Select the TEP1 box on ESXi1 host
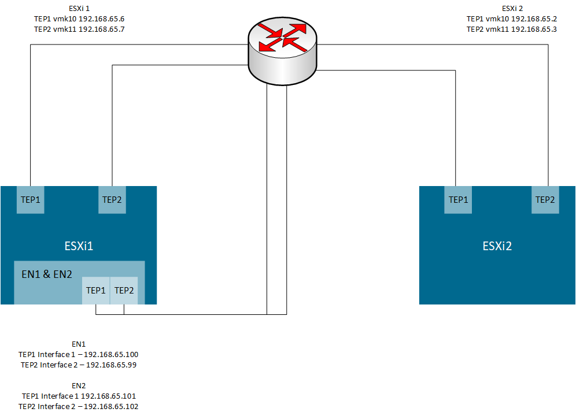click(x=31, y=200)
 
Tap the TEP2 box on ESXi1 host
click(x=112, y=200)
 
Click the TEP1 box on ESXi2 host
click(x=459, y=200)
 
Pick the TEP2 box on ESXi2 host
click(x=545, y=200)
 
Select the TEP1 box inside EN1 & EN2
click(x=96, y=291)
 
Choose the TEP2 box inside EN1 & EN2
click(x=124, y=291)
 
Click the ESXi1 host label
click(x=79, y=246)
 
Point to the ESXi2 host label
click(x=497, y=246)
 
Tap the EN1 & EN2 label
click(x=47, y=274)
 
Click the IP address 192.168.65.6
click(x=101, y=19)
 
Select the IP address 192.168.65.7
click(x=101, y=29)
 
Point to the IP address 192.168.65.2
click(x=534, y=19)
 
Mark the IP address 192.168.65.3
click(x=534, y=29)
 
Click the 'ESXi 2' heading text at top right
click(x=512, y=9)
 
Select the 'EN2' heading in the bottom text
click(x=79, y=385)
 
